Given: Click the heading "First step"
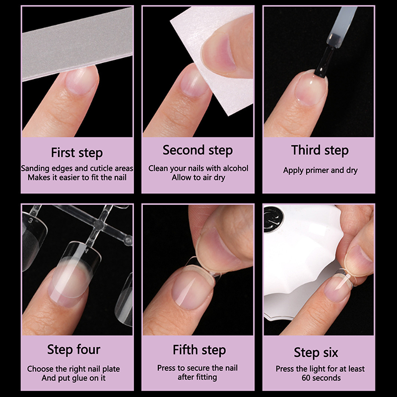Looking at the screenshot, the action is tap(77, 153).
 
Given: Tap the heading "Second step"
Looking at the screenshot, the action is tap(198, 150).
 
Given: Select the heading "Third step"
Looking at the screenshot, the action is tap(320, 150).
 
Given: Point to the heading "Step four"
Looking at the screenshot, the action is tap(73, 350).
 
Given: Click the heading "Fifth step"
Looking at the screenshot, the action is tap(199, 350).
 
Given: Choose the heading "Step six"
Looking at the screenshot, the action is tap(316, 352).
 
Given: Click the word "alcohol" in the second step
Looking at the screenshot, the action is tap(235, 168).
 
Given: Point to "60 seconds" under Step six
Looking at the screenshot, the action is tap(321, 378).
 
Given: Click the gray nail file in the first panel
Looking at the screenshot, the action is tap(77, 43).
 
